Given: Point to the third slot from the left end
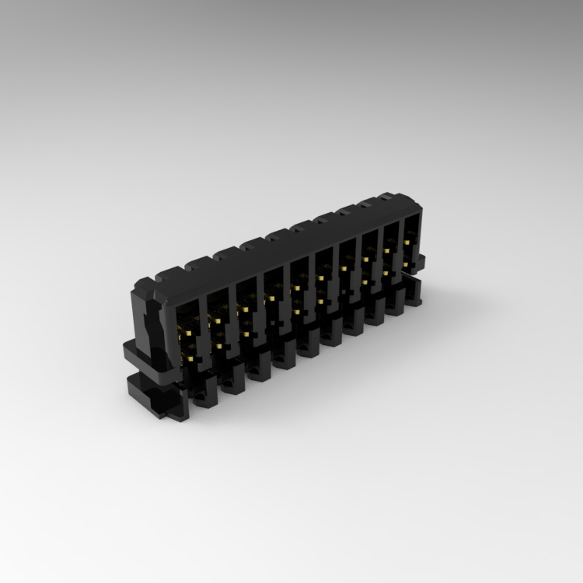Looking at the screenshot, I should [247, 310].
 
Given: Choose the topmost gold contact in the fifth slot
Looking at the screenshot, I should [296, 288].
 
